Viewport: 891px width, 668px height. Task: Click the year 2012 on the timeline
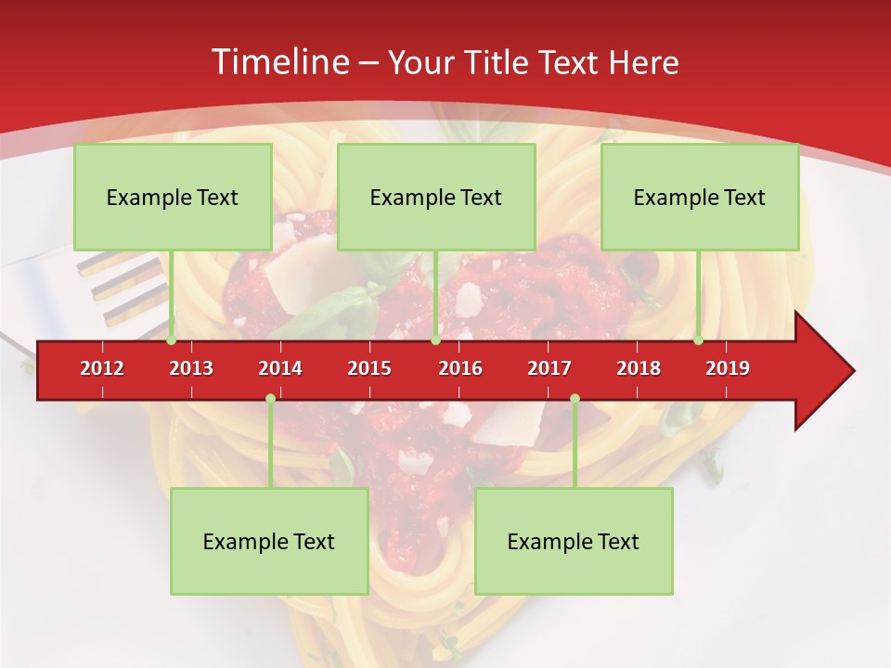click(102, 368)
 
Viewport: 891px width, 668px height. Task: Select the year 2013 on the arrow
click(191, 368)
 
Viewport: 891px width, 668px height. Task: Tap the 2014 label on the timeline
click(280, 368)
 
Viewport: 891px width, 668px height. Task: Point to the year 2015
click(369, 368)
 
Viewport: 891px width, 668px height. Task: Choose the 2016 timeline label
click(460, 368)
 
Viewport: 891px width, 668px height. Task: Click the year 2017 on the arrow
click(549, 368)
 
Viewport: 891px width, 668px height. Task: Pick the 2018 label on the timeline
click(639, 368)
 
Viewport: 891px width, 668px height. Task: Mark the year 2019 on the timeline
click(728, 368)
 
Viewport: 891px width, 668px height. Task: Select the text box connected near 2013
click(173, 198)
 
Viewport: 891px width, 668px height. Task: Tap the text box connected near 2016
click(436, 198)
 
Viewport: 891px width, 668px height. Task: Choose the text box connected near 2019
click(700, 198)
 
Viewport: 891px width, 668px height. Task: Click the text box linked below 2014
click(269, 541)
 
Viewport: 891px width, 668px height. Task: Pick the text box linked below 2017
click(574, 541)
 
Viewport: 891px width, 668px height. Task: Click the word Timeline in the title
click(278, 62)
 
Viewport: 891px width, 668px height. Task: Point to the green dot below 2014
click(270, 398)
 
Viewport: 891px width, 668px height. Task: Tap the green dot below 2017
click(575, 398)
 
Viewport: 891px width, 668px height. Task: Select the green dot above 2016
click(435, 340)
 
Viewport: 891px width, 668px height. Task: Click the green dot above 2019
click(699, 340)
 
